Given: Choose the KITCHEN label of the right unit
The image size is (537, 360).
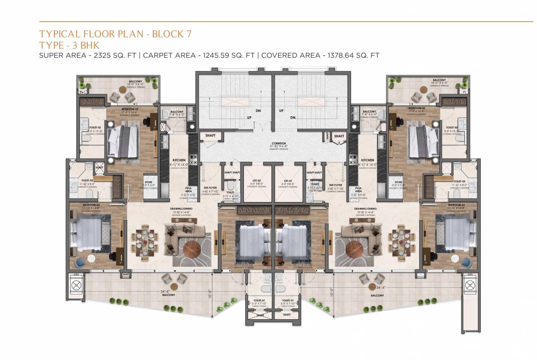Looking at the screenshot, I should [x=368, y=160].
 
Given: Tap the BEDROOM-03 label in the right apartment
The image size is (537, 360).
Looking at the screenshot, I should [x=456, y=206].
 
